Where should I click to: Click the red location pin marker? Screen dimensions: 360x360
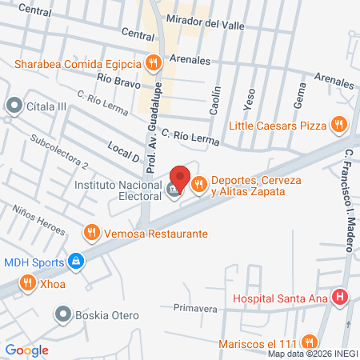coord(180,178)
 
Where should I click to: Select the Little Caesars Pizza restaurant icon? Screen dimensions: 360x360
coord(339,124)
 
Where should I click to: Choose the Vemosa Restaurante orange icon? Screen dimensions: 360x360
coord(92,233)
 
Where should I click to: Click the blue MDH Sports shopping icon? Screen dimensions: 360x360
coord(76,260)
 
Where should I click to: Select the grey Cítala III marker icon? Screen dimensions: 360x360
coord(14,105)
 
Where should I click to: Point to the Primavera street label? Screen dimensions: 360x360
coord(195,307)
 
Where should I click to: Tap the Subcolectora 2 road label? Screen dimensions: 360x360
coord(58,151)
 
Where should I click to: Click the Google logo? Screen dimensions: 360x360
coord(26,350)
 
